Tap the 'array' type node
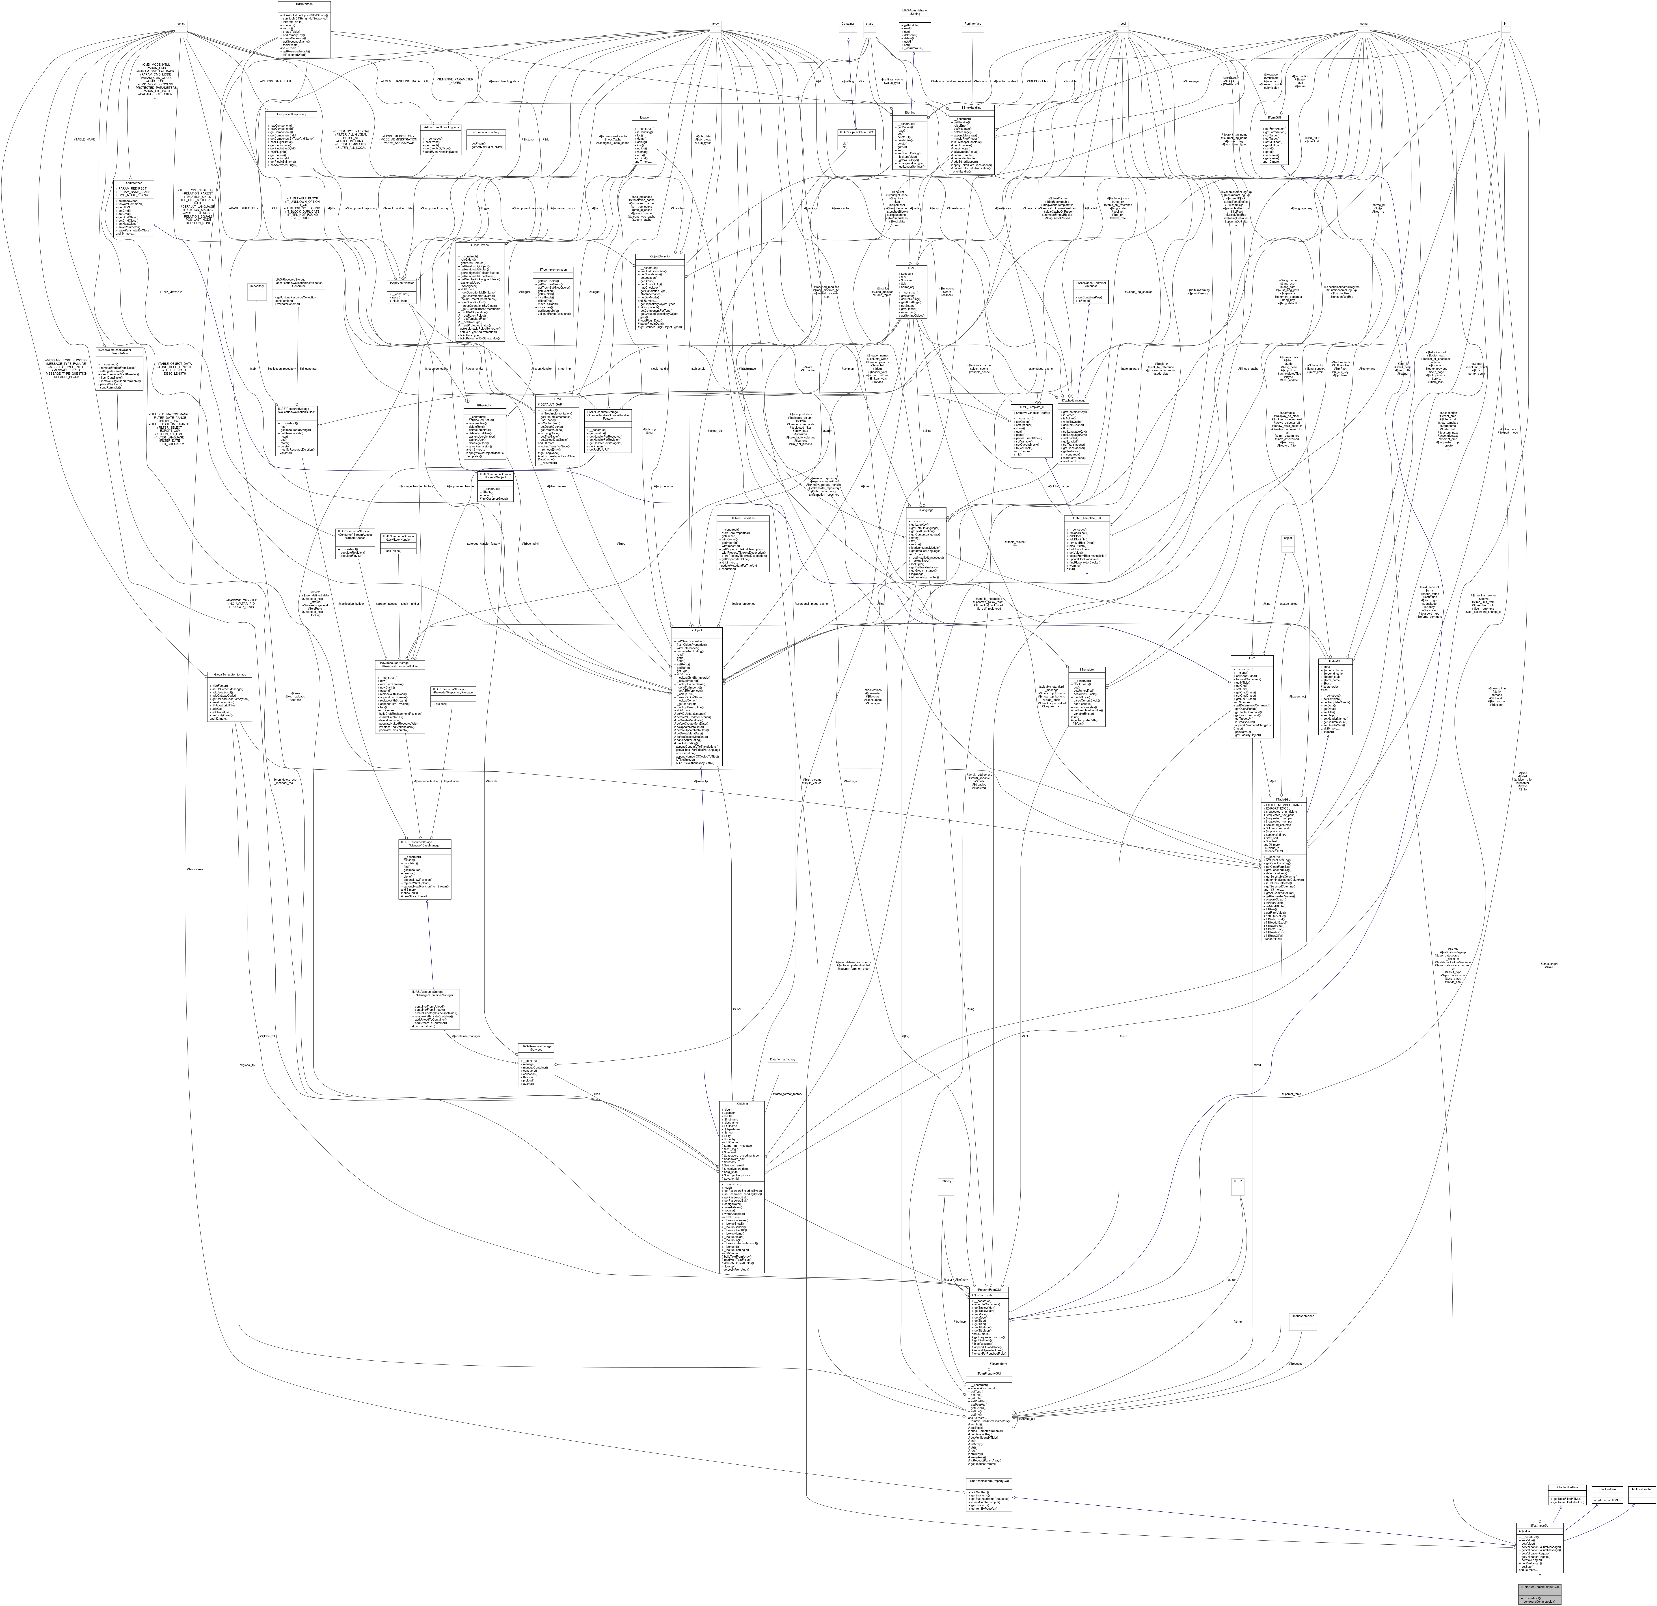coord(715,24)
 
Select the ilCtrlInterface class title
coord(134,183)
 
